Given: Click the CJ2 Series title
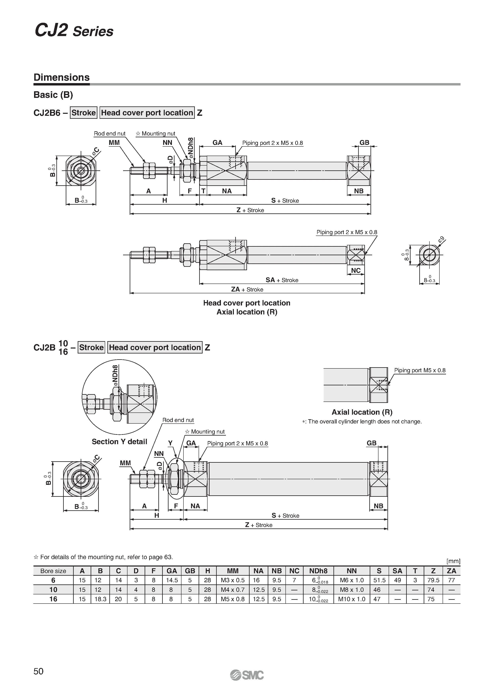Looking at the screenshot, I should coord(74,31).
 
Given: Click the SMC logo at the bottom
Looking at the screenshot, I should coord(247,683).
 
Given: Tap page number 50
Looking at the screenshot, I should coord(39,680).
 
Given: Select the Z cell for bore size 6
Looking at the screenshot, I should coord(433,580).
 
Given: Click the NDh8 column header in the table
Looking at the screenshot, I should coord(318,571).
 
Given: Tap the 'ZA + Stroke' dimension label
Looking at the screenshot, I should coord(247,289).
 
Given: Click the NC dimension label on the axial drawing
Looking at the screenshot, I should coord(356,270).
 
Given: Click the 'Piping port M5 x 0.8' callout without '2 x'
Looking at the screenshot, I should coord(420,370).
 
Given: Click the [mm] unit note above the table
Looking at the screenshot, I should coord(453,561).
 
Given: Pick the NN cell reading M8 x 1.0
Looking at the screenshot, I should coord(352,590).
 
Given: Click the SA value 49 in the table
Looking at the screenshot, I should coord(397,580).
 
